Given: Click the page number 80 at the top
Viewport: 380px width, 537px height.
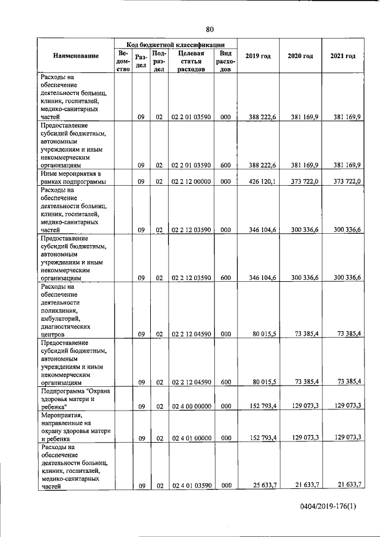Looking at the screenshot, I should [210, 29].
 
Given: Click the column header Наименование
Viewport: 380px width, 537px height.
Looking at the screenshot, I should [76, 56].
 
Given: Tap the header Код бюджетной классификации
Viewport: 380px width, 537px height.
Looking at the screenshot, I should [175, 44].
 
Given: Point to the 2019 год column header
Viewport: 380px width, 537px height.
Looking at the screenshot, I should [258, 56].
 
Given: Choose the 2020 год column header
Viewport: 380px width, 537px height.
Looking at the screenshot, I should [300, 56].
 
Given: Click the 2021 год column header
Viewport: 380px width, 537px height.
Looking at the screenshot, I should [343, 56].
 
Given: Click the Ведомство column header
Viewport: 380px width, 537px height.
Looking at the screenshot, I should [123, 61].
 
